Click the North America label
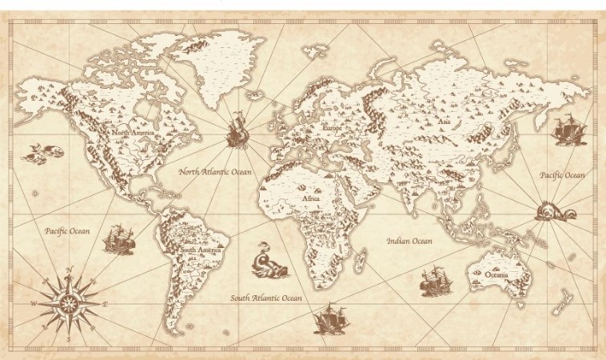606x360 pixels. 133,133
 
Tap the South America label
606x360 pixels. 200,250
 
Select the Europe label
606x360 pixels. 331,128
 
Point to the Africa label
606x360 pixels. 311,198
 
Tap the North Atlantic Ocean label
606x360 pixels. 215,172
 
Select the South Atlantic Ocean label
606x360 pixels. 266,298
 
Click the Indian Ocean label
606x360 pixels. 409,241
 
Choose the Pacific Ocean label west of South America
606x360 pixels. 67,231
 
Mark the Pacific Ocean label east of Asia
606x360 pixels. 562,175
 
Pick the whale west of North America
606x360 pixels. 40,152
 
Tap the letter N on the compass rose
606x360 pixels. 70,270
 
